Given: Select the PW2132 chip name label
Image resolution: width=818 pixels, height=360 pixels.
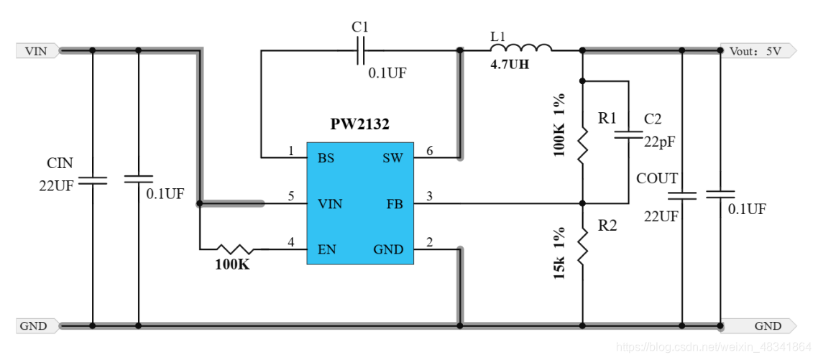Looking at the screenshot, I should coord(359,124).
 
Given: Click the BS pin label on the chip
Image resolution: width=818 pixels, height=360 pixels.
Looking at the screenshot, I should coord(326,158).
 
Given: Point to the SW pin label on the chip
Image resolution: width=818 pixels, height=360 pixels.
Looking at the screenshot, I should coord(392,158).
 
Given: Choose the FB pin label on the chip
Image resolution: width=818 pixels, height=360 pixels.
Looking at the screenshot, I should coord(394,204).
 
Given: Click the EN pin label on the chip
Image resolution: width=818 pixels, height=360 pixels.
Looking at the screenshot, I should coord(326,249).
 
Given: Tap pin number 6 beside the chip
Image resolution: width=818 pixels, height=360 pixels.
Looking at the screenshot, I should coord(429,151).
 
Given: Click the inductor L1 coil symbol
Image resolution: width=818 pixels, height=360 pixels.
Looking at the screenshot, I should coord(521,48).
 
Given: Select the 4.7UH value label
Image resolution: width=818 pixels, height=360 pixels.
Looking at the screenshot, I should coord(510,65).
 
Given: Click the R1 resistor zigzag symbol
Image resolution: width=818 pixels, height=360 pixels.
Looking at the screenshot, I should coord(583,146).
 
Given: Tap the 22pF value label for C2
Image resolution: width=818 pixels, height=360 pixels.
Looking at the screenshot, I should coord(659,142).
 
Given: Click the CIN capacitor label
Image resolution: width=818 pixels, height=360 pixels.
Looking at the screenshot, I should coord(60,163).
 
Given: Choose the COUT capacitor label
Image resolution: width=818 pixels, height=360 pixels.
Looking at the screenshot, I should coord(657,179).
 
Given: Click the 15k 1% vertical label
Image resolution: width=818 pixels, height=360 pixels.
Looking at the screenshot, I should coord(561,253).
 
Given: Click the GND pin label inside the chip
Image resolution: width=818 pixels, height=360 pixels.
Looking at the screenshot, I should coord(388,249).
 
